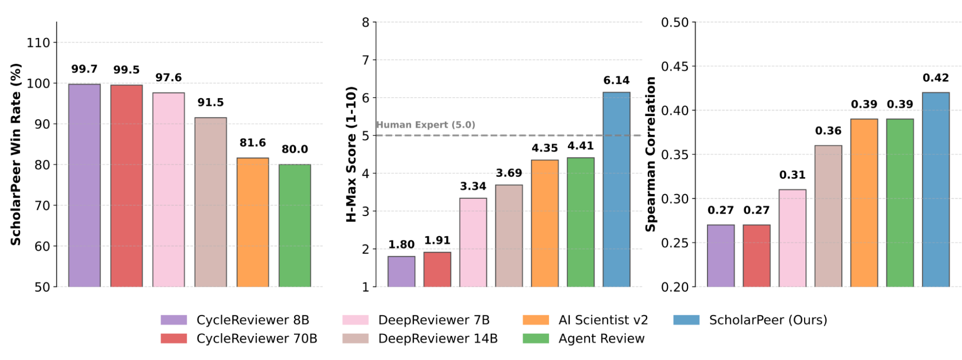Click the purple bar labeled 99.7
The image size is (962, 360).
click(84, 185)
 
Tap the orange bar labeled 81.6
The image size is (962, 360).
click(253, 222)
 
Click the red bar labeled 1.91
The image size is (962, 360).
click(437, 269)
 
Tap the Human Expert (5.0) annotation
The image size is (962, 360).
click(425, 125)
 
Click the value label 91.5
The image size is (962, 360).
click(210, 103)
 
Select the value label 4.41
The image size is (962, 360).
click(580, 146)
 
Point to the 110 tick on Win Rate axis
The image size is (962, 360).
click(38, 43)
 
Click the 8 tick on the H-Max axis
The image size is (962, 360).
click(366, 23)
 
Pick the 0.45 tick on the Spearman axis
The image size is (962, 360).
click(675, 66)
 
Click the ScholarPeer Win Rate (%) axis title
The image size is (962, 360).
click(16, 154)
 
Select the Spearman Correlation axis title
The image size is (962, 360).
click(651, 154)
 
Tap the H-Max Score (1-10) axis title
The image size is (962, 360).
click(351, 154)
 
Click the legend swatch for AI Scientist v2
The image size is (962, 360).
click(536, 320)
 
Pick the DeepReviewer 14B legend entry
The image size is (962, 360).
click(437, 339)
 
